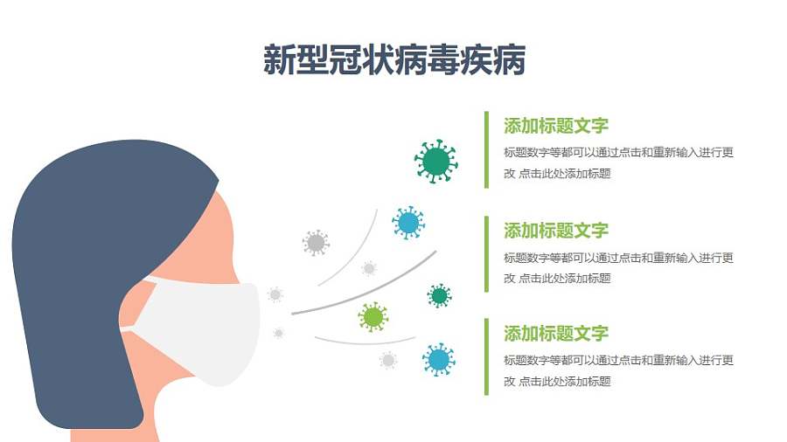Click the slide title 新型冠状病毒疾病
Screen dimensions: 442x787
(393, 61)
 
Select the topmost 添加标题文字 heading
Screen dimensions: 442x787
(556, 125)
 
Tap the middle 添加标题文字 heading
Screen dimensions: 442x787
(556, 231)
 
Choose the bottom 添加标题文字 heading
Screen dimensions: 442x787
(556, 333)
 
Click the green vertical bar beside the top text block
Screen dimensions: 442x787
(486, 149)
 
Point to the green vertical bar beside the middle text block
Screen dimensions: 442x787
(486, 253)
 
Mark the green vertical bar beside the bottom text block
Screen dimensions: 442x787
(486, 356)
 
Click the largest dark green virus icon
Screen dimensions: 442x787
(435, 161)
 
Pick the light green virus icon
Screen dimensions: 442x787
(373, 316)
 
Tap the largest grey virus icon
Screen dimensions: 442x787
(316, 243)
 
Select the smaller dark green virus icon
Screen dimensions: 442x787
(440, 296)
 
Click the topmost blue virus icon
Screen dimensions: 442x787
(408, 223)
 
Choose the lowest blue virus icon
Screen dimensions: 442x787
(438, 359)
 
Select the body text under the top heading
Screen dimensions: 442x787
(618, 162)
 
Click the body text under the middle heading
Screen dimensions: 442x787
(618, 267)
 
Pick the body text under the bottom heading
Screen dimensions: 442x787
(618, 370)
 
